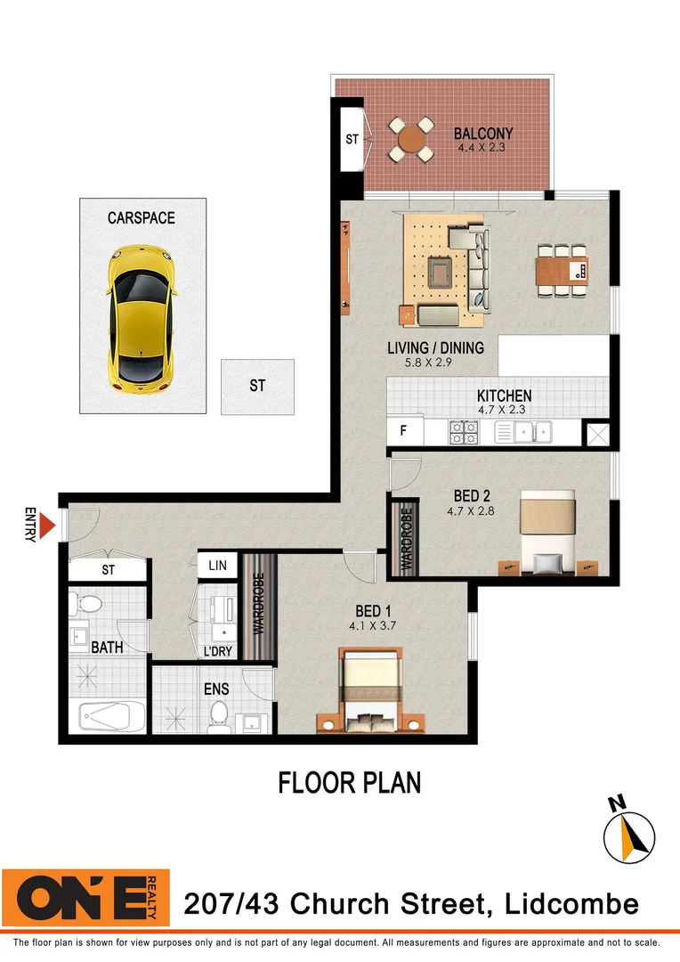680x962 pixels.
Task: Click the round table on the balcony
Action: click(412, 139)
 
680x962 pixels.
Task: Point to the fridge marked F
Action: click(403, 432)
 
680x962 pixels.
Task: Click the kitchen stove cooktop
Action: click(463, 433)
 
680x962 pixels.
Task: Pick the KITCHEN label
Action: click(504, 396)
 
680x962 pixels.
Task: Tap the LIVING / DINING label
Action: click(435, 347)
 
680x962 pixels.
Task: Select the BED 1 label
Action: click(374, 611)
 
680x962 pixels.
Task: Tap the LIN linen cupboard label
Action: click(217, 566)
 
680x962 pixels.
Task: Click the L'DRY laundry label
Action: click(217, 652)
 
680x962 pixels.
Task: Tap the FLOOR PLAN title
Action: click(349, 783)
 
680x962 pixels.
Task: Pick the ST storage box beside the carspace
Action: click(257, 386)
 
